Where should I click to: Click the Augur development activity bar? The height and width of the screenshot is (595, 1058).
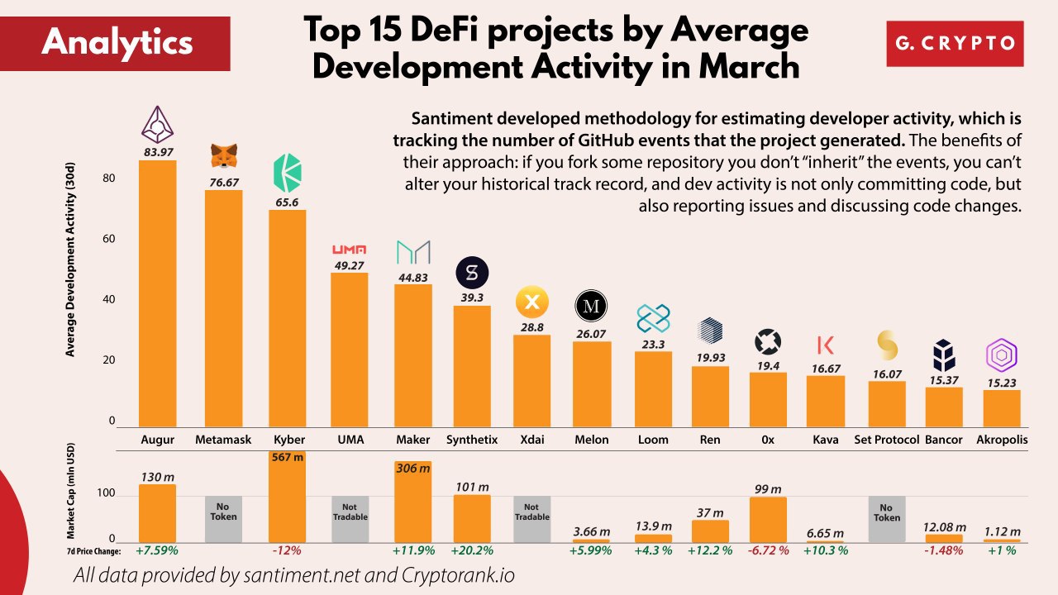(x=157, y=293)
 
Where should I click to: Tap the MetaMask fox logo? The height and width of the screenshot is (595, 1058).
(x=223, y=154)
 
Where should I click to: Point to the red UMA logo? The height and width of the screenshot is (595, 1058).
(x=349, y=250)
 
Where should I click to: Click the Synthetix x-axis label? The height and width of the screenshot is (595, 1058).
(x=472, y=440)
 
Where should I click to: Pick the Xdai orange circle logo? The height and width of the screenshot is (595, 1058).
(x=532, y=303)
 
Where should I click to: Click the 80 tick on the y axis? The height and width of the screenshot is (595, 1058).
(x=109, y=179)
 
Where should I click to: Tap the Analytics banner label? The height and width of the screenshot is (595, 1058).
(x=116, y=42)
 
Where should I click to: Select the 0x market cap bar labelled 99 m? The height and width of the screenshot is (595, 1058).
(x=768, y=520)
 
